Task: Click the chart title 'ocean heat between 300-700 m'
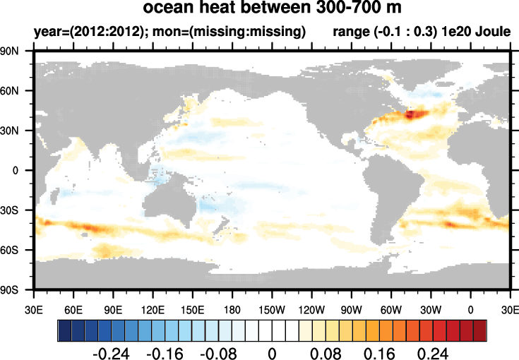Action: click(x=270, y=9)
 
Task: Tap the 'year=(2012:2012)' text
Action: click(x=75, y=32)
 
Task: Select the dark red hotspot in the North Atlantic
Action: click(x=415, y=113)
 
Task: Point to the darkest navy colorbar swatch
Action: click(x=64, y=330)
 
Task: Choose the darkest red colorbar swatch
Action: click(x=479, y=330)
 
